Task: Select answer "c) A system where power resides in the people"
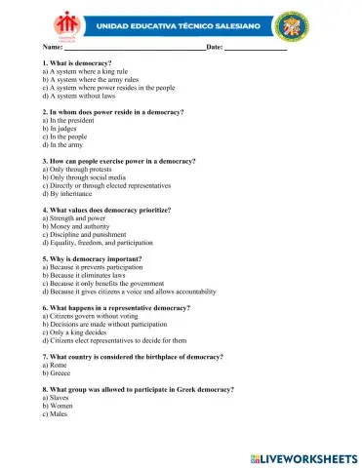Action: pos(108,88)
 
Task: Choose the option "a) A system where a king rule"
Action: pos(85,71)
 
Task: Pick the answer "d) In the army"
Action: pos(69,144)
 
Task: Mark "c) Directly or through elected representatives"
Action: pos(106,184)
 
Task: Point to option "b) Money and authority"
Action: pos(79,225)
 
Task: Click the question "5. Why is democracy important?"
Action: pos(94,258)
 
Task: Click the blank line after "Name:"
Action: pos(136,46)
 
